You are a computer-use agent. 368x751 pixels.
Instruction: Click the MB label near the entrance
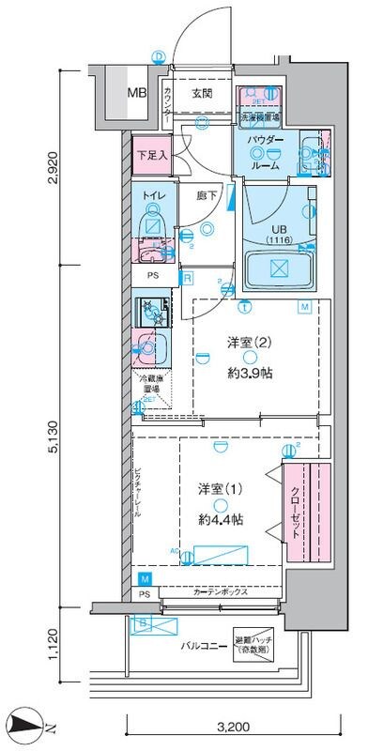coord(138,94)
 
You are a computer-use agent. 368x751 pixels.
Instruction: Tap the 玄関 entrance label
coord(202,93)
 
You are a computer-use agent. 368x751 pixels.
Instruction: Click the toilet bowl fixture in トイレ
coord(149,226)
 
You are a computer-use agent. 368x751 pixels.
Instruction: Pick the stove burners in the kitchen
coord(150,311)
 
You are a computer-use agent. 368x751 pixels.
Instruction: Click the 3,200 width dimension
coord(233,727)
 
